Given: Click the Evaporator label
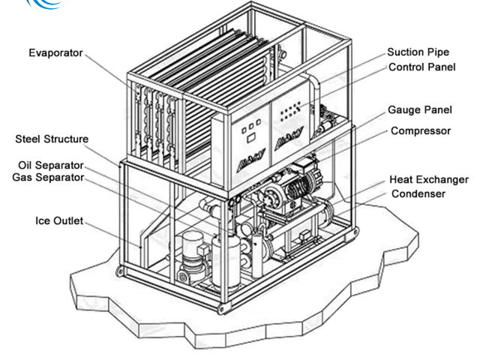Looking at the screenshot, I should pyautogui.click(x=55, y=53).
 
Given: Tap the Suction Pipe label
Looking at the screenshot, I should pyautogui.click(x=418, y=52).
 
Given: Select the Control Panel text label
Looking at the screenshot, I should pyautogui.click(x=420, y=67).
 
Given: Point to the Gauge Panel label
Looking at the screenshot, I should pyautogui.click(x=420, y=110).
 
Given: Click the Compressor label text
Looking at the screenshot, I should pyautogui.click(x=420, y=130).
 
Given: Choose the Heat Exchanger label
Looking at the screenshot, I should pyautogui.click(x=429, y=180).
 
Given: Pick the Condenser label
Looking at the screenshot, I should pyautogui.click(x=418, y=193).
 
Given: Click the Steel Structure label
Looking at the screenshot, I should pyautogui.click(x=52, y=139).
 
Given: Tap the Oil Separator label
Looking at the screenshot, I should pyautogui.click(x=51, y=165).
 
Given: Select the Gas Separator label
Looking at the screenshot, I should pyautogui.click(x=48, y=178).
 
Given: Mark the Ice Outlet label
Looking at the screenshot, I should pyautogui.click(x=59, y=221).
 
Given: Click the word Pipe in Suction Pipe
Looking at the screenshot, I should pyautogui.click(x=438, y=52).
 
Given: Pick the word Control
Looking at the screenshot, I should pyautogui.click(x=406, y=67).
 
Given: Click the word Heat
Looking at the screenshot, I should pyautogui.click(x=402, y=180).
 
